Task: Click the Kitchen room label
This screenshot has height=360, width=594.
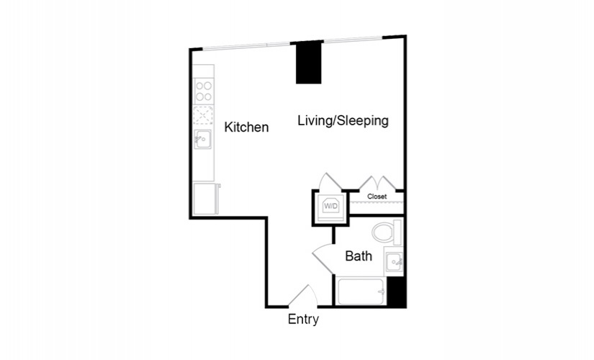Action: click(x=246, y=127)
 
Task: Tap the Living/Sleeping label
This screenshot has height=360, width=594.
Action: click(x=343, y=121)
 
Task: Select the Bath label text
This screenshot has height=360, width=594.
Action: click(x=359, y=256)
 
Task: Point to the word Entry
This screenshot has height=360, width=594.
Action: click(x=303, y=319)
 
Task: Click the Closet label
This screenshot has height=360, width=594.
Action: click(x=377, y=197)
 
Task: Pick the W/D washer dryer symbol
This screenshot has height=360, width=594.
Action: click(x=330, y=207)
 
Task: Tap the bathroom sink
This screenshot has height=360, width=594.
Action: click(x=394, y=261)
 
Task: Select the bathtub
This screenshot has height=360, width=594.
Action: click(x=362, y=292)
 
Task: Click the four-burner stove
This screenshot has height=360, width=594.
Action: click(x=204, y=91)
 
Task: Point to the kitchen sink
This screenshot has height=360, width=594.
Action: click(x=202, y=140)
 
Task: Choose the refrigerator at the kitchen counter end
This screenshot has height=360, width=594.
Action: click(x=206, y=199)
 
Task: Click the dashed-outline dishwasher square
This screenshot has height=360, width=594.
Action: click(x=203, y=115)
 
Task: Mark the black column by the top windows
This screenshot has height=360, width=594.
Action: click(x=308, y=63)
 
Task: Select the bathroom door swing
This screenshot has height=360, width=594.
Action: click(x=323, y=258)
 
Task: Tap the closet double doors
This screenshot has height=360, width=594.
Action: click(x=377, y=183)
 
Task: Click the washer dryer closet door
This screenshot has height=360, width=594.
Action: click(x=330, y=181)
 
